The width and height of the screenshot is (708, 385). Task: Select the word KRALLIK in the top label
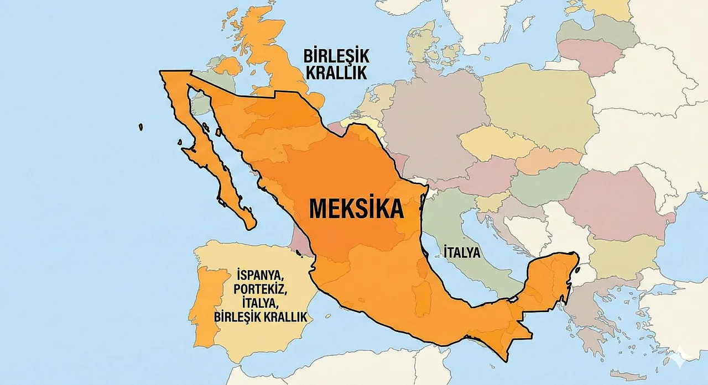pyautogui.click(x=336, y=73)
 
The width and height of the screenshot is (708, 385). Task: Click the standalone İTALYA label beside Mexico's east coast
pyautogui.click(x=462, y=252)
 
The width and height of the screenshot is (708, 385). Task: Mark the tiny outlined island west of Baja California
pyautogui.click(x=141, y=127)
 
